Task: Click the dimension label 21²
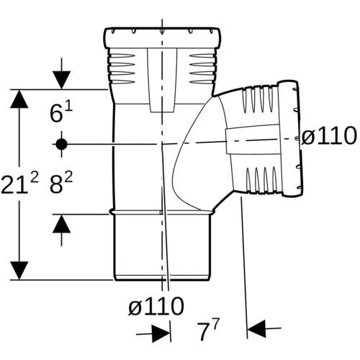click(x=19, y=184)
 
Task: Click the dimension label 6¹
click(x=61, y=112)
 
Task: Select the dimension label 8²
click(x=61, y=184)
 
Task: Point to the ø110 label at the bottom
click(x=156, y=306)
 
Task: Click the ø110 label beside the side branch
click(x=328, y=136)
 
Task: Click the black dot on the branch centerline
click(x=62, y=144)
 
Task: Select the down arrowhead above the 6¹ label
click(x=62, y=80)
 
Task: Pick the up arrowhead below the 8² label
click(x=62, y=223)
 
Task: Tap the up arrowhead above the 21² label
click(x=19, y=99)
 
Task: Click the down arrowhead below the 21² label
click(x=19, y=271)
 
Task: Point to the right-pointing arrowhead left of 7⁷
click(x=161, y=333)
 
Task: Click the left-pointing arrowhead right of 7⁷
click(x=256, y=328)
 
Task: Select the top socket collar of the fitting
click(x=162, y=38)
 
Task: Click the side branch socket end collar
click(x=289, y=139)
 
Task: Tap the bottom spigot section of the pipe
click(x=162, y=247)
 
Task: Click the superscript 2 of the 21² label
click(x=35, y=178)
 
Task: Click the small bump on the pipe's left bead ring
click(x=111, y=212)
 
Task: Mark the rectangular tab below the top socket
click(x=162, y=81)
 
